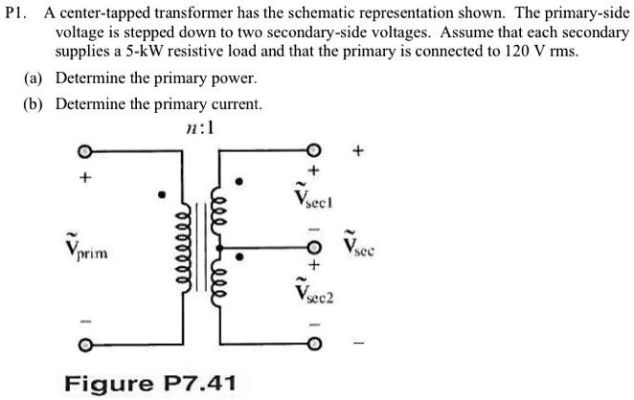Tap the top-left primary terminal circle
(83, 152)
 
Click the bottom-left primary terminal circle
(83, 343)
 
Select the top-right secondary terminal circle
(312, 152)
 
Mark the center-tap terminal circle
(312, 246)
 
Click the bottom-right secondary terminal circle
(312, 343)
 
